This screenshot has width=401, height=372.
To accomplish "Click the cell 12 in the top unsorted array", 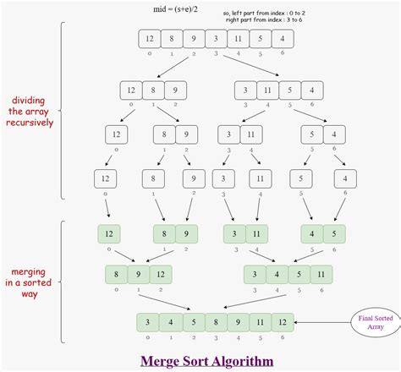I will (x=149, y=39).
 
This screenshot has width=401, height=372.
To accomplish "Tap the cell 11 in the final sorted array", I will (x=260, y=323).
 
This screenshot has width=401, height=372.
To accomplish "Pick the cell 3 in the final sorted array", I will (x=149, y=323).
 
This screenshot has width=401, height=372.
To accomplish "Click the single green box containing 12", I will (x=107, y=233).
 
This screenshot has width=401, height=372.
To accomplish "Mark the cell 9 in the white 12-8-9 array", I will (x=174, y=91).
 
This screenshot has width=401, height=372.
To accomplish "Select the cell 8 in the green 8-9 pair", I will (x=162, y=233).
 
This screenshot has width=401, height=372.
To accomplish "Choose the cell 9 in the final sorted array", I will (x=238, y=323).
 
